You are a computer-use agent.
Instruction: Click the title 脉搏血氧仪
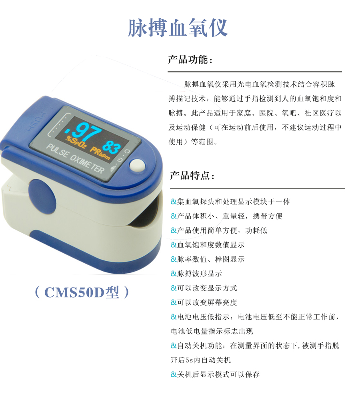tap(178, 28)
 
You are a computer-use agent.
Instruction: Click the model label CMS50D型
tap(82, 292)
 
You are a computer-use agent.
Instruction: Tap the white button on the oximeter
tap(137, 165)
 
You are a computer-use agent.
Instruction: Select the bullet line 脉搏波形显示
tap(196, 274)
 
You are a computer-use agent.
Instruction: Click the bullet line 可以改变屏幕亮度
tap(204, 302)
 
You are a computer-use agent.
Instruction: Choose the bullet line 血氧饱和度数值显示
tap(208, 245)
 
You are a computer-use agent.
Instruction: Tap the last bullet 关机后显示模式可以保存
tap(215, 374)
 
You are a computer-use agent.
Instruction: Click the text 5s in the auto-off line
tap(189, 360)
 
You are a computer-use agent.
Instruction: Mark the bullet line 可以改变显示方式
tap(204, 288)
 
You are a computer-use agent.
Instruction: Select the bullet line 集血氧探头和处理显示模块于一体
tap(230, 202)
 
